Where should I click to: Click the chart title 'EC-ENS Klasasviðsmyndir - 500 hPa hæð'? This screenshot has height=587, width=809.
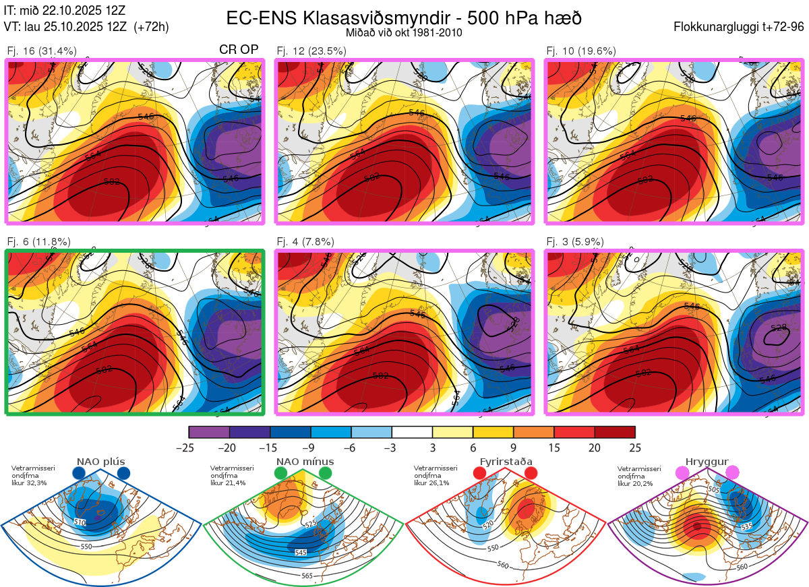click(x=404, y=18)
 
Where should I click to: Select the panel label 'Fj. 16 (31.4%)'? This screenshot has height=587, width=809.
click(x=41, y=51)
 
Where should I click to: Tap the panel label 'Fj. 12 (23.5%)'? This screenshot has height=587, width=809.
click(x=311, y=51)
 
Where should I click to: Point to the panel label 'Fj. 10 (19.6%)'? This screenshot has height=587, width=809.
click(x=580, y=51)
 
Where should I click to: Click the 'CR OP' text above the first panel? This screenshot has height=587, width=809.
click(x=239, y=51)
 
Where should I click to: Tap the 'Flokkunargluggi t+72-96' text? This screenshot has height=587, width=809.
click(x=739, y=27)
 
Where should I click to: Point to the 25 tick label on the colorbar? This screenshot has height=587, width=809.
click(x=634, y=447)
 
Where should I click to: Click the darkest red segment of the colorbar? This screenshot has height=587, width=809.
click(x=615, y=432)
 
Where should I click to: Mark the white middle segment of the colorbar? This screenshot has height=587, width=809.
click(x=412, y=432)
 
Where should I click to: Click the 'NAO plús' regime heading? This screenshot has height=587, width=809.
click(x=100, y=462)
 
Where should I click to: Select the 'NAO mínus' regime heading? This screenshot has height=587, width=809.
click(x=305, y=462)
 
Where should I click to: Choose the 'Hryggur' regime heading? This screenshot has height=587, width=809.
click(x=708, y=462)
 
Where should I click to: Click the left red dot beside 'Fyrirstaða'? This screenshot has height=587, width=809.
click(x=480, y=474)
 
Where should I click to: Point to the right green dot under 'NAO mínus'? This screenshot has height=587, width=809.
click(x=326, y=474)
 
